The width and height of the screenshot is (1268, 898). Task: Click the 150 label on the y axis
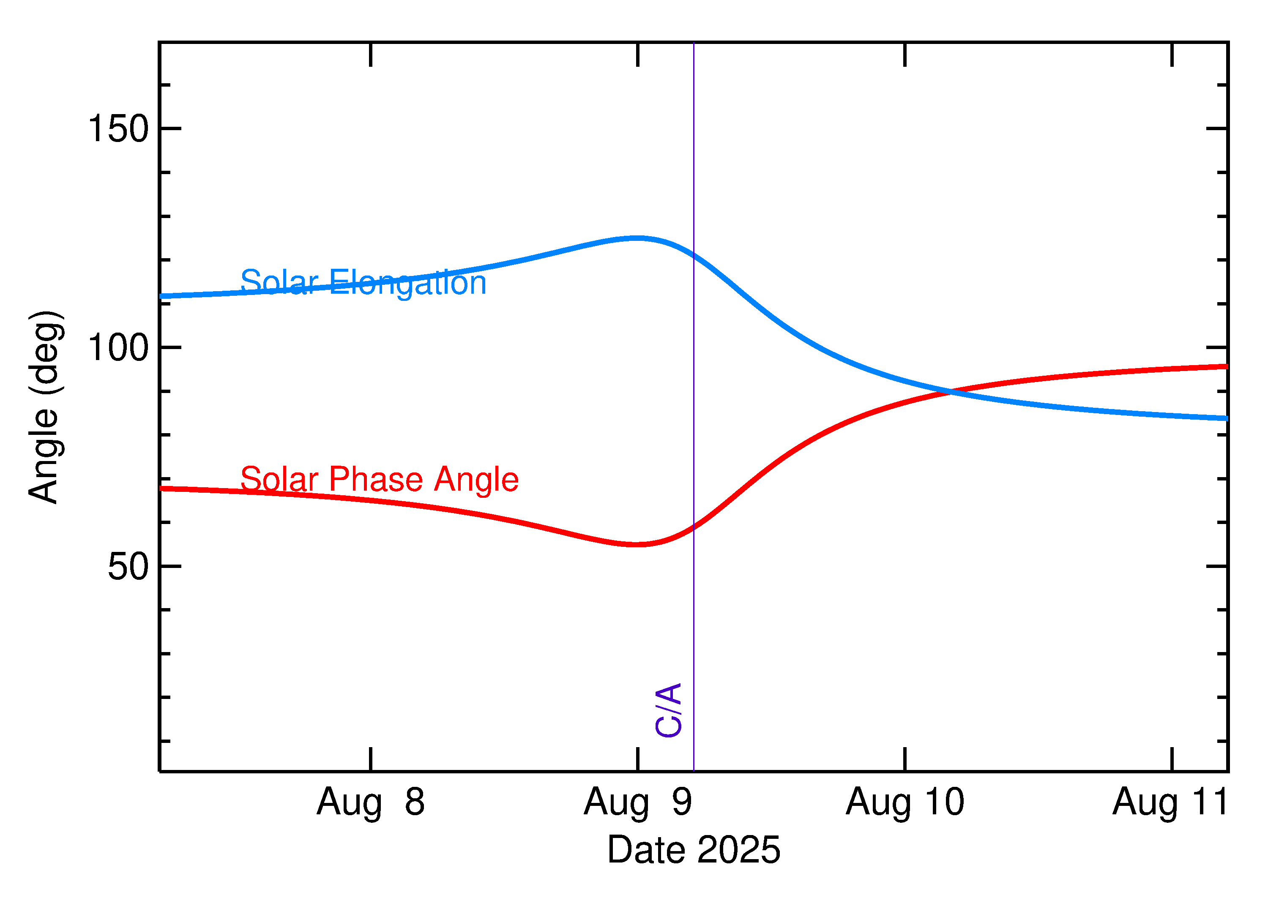point(118,128)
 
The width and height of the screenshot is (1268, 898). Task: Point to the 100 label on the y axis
point(118,348)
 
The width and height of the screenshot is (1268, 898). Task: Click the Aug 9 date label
point(638,802)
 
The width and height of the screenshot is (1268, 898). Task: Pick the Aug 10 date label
point(905,802)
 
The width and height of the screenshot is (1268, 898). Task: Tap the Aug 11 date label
point(1171,802)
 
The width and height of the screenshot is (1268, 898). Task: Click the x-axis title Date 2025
point(694,850)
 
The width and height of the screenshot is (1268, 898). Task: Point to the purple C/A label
point(668,710)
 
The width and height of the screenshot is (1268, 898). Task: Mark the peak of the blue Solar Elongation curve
point(638,238)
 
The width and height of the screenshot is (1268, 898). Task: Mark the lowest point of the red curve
point(638,545)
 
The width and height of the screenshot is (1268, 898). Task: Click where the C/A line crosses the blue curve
point(694,255)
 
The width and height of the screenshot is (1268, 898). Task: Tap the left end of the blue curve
point(161,296)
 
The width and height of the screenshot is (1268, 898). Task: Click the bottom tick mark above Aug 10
point(905,759)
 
